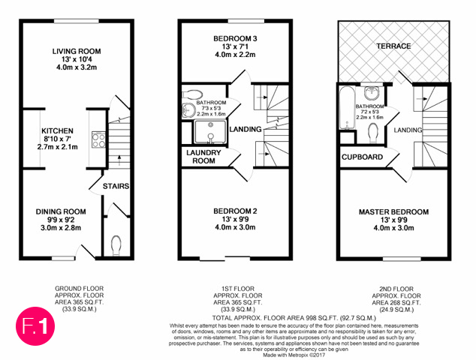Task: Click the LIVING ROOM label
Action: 77,51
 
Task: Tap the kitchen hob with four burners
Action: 98,139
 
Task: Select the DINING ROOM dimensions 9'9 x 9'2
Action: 61,220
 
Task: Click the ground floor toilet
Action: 116,245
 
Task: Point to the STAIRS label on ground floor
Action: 116,186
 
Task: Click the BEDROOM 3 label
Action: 235,38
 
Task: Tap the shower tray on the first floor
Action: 210,132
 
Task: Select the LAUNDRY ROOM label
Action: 203,157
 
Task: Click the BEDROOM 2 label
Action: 235,211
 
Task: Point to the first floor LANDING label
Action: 246,129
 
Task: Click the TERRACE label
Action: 393,46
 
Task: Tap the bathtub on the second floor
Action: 348,108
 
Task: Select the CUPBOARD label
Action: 362,157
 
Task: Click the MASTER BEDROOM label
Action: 393,211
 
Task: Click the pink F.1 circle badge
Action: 35,326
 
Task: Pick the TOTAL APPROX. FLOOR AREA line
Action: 294,318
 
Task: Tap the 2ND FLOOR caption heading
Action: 396,289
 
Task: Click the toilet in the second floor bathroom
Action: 373,133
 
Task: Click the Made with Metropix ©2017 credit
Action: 294,355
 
